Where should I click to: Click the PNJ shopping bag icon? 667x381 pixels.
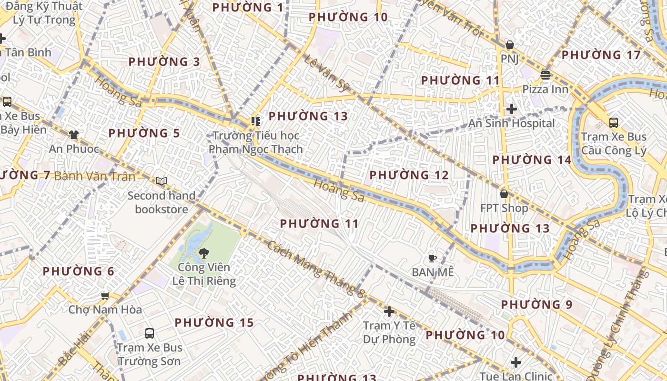509,45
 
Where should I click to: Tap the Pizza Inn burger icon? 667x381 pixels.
546,75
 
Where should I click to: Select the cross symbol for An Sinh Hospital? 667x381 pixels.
512,109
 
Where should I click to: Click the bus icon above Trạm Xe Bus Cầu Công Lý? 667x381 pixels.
614,123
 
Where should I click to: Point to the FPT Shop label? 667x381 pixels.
504,208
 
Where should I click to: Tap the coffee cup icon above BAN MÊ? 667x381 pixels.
432,258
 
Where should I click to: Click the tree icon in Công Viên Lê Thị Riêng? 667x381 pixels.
204,253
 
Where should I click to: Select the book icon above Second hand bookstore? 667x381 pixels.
162,181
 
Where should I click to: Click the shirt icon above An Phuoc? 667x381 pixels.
74,135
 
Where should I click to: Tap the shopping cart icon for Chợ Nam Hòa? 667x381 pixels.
105,296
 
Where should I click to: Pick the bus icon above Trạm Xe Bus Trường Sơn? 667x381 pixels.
150,333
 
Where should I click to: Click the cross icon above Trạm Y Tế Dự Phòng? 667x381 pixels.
389,311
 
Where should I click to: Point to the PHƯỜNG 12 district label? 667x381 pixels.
409,175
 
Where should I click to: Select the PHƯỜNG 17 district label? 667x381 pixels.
601,55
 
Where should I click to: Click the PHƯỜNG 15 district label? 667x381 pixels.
214,323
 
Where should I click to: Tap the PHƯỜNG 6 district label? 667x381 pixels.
78,271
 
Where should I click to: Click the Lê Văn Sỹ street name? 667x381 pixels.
328,74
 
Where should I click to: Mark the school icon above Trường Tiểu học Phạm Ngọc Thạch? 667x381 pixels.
256,121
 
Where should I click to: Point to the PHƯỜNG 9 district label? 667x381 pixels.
536,304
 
